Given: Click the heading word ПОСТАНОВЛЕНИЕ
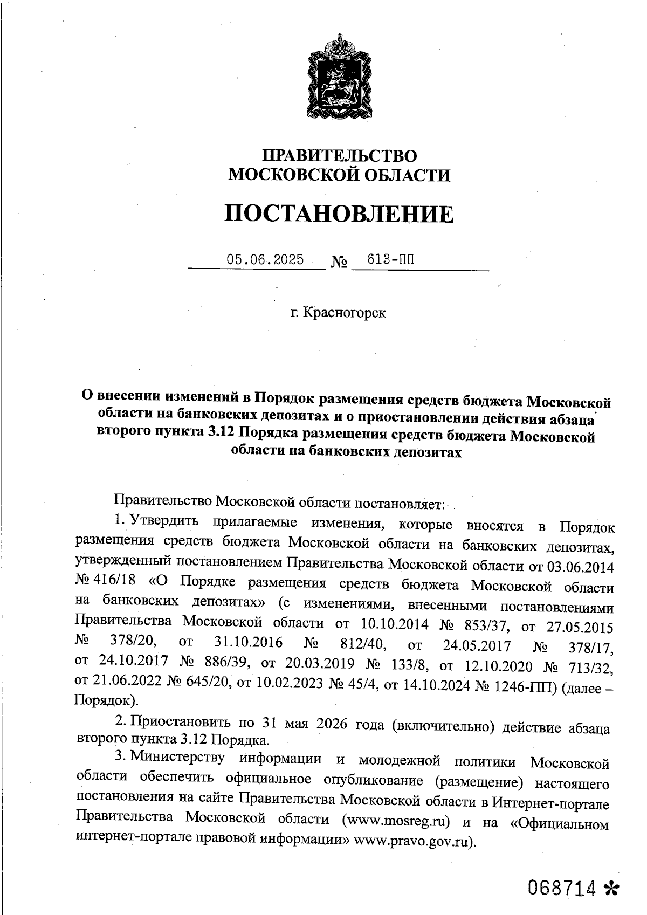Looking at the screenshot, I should pyautogui.click(x=339, y=214).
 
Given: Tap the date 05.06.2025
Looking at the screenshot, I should pyautogui.click(x=265, y=259).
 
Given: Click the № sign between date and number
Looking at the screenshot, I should pyautogui.click(x=339, y=262).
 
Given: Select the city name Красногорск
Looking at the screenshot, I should pyautogui.click(x=345, y=312).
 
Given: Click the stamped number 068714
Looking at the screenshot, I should pyautogui.click(x=563, y=888).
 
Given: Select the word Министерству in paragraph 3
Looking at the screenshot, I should pyautogui.click(x=178, y=758).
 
